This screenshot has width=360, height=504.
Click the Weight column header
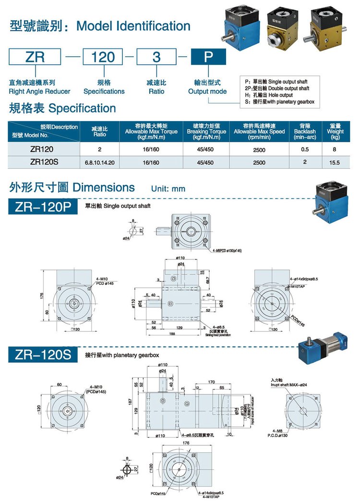point(335,131)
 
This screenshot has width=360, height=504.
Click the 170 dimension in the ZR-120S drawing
point(211,382)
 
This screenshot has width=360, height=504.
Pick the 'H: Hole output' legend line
point(268,95)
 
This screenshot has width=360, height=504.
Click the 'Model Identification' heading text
point(133,26)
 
